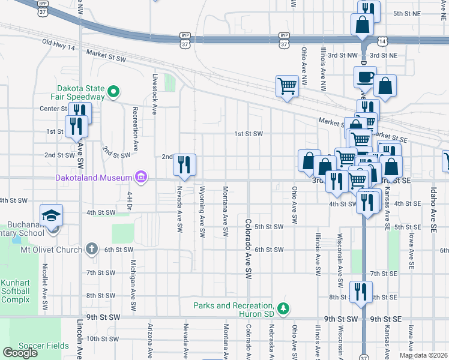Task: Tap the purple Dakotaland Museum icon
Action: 141,177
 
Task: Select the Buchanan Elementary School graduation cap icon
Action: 52,215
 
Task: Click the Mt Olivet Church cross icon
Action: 92,248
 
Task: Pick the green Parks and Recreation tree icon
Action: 283,309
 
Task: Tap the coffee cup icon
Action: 365,76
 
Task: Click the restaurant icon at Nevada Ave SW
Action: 185,164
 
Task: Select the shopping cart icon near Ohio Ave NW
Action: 288,86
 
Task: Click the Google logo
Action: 20,353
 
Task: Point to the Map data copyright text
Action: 423,355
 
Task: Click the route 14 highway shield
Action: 382,40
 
